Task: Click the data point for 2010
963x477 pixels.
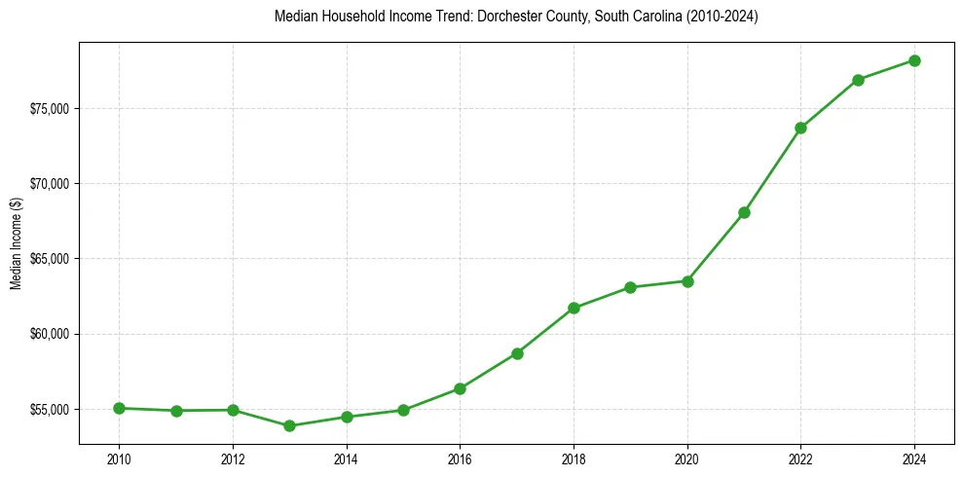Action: point(119,408)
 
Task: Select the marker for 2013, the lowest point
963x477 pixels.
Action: point(289,425)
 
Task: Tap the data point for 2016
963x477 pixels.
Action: point(460,388)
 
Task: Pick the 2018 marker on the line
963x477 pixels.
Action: point(574,308)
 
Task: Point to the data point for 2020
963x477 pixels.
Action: point(687,281)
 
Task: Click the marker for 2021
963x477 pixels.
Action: point(744,212)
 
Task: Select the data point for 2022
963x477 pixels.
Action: point(800,128)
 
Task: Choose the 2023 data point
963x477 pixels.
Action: point(858,80)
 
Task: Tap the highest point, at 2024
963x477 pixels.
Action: point(914,60)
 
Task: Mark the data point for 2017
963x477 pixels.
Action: point(517,353)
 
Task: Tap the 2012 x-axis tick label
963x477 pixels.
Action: point(233,459)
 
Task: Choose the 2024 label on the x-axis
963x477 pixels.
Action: point(914,459)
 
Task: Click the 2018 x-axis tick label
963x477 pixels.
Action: point(574,459)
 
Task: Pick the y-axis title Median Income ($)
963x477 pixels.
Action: point(16,243)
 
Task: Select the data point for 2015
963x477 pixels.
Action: point(403,410)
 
